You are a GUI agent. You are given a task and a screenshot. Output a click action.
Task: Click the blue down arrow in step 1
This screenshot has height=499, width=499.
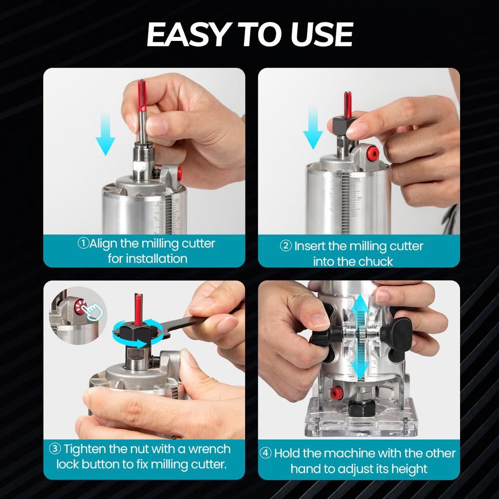[x=105, y=134]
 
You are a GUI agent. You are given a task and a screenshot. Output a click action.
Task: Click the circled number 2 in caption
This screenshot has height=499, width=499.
[x=286, y=246]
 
